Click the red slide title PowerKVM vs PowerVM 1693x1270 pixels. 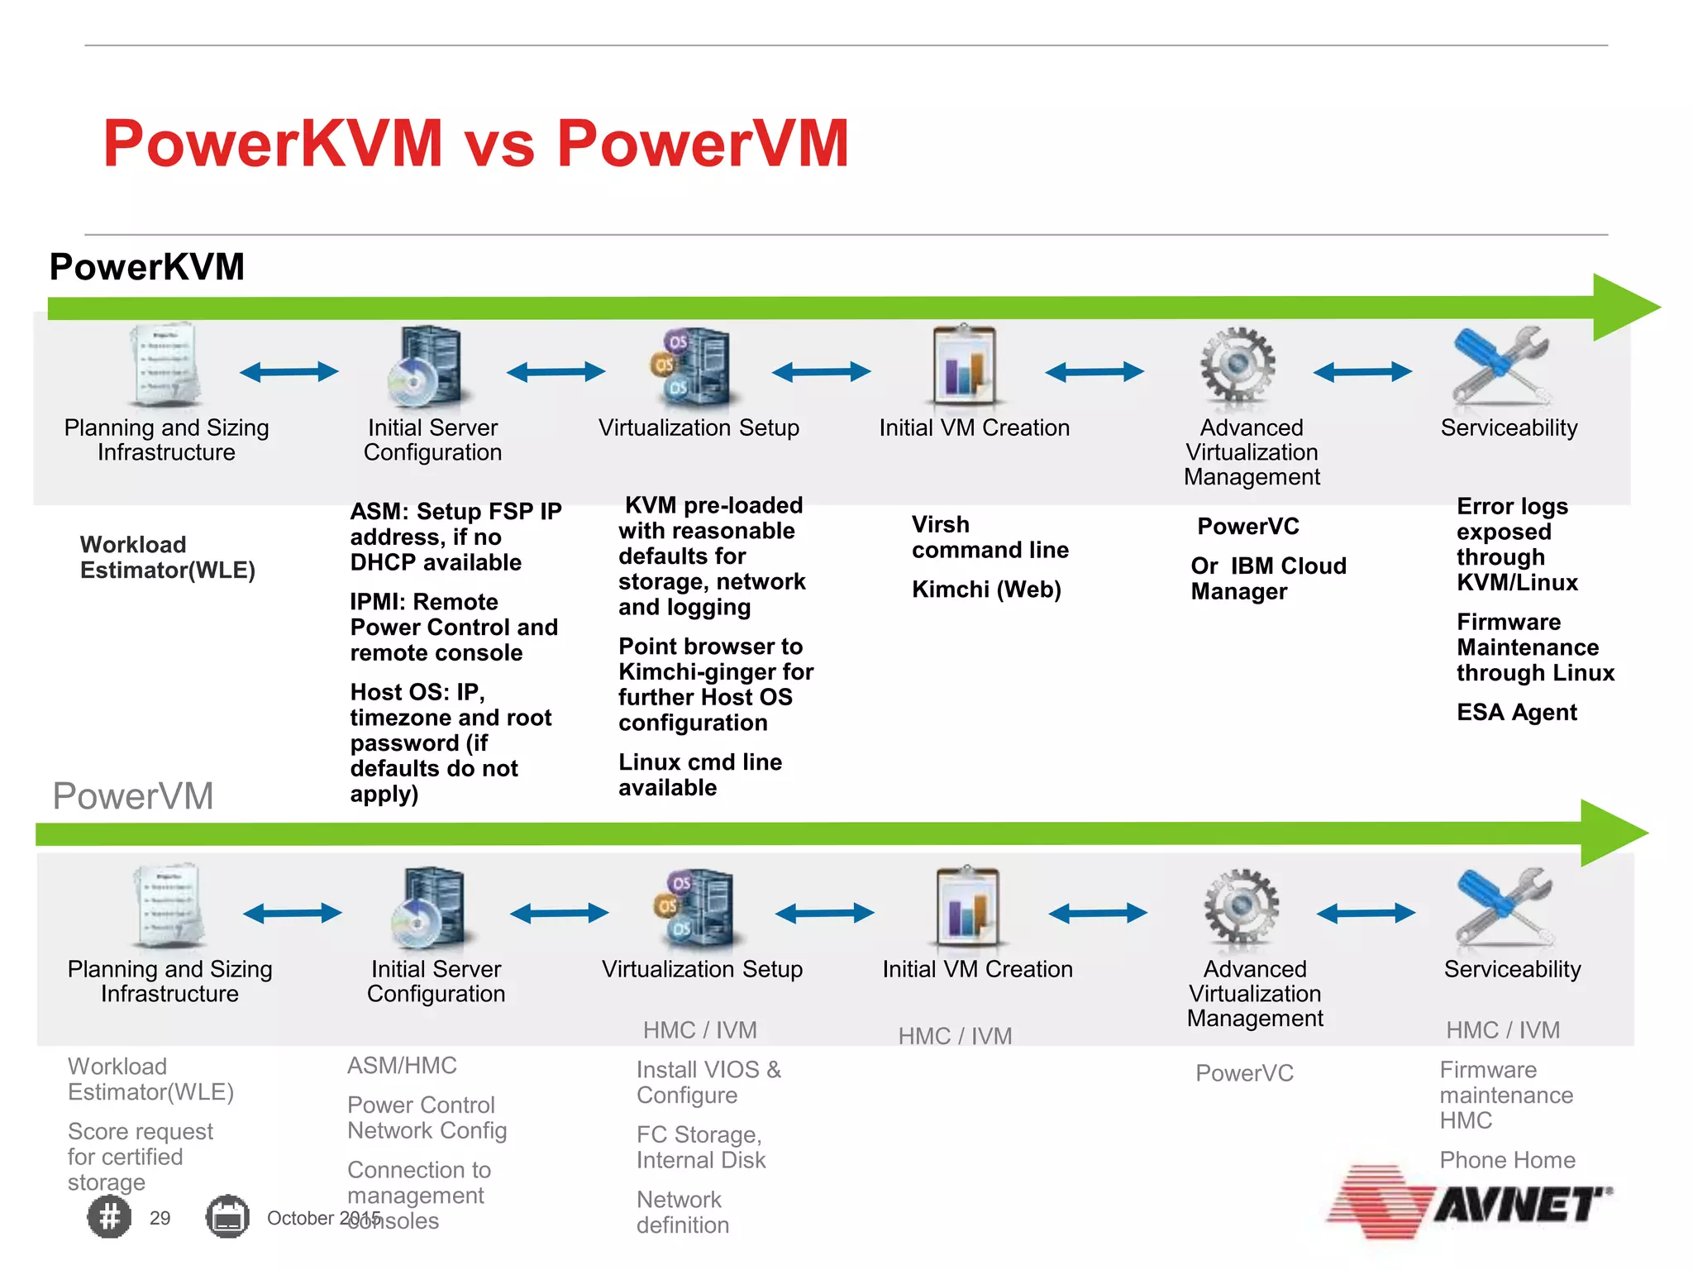pyautogui.click(x=475, y=144)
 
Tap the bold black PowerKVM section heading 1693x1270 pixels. pyautogui.click(x=147, y=267)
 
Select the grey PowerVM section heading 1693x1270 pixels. pyautogui.click(x=133, y=796)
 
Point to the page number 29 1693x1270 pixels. pyautogui.click(x=160, y=1218)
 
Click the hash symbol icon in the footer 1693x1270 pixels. pyautogui.click(x=109, y=1217)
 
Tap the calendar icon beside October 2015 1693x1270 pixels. pyautogui.click(x=227, y=1217)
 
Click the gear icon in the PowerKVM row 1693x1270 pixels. pyautogui.click(x=1238, y=365)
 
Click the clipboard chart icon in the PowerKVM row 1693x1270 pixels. pyautogui.click(x=964, y=365)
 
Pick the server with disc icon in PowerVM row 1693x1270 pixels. pyautogui.click(x=428, y=907)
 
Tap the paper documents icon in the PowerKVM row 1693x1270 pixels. pyautogui.click(x=165, y=365)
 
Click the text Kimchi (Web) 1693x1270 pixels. pyautogui.click(x=986, y=590)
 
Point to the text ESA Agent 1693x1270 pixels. pyautogui.click(x=1516, y=712)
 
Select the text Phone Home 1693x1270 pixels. pyautogui.click(x=1507, y=1160)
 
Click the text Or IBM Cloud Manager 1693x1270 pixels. pyautogui.click(x=1268, y=579)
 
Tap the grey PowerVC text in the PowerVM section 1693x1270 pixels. pyautogui.click(x=1244, y=1073)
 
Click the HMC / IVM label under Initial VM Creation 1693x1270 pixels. pyautogui.click(x=955, y=1036)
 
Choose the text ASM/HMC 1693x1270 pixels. pyautogui.click(x=402, y=1066)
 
